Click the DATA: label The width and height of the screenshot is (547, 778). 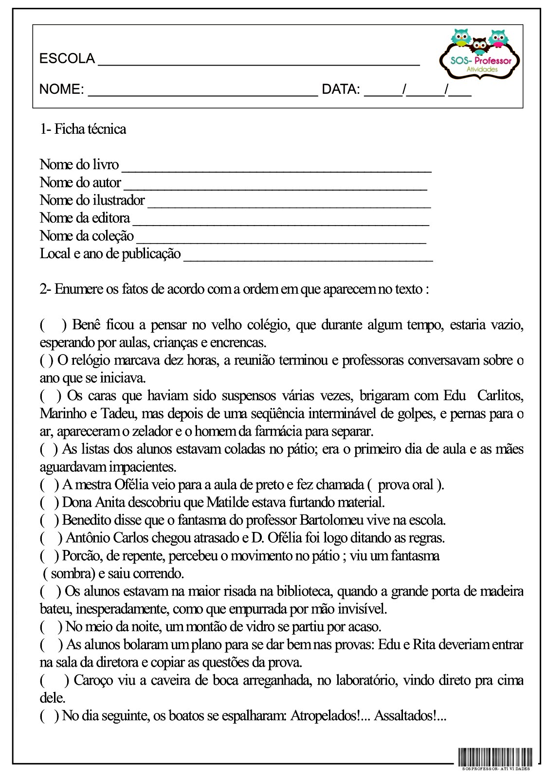tap(341, 89)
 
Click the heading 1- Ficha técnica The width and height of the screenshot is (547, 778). tap(83, 129)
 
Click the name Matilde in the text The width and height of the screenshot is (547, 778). tap(226, 502)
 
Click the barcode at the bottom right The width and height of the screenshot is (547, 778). tap(495, 756)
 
